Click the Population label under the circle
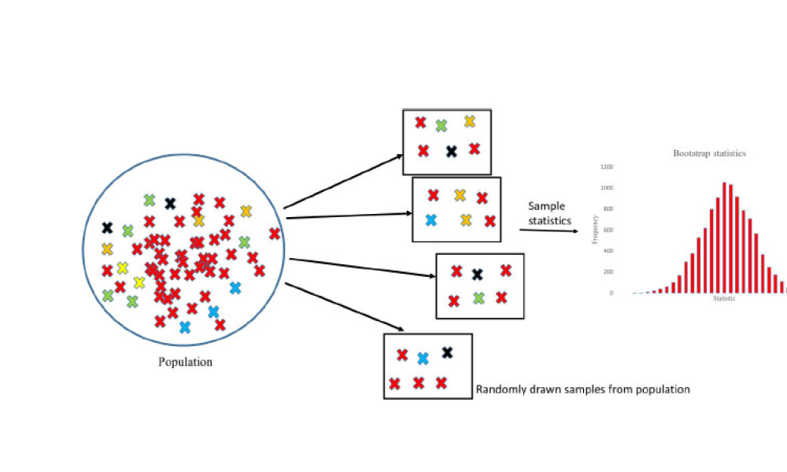186,363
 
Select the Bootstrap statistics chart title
709,153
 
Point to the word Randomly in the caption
501,389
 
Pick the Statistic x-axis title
724,299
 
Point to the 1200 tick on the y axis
606,167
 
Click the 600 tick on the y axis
608,230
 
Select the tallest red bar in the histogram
724,238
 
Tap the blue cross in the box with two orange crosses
430,220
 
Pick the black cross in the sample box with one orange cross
451,151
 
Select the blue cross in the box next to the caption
423,359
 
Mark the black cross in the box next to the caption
447,352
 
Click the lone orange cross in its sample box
470,121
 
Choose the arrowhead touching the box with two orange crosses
408,213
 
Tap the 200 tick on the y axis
608,271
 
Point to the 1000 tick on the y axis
606,188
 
